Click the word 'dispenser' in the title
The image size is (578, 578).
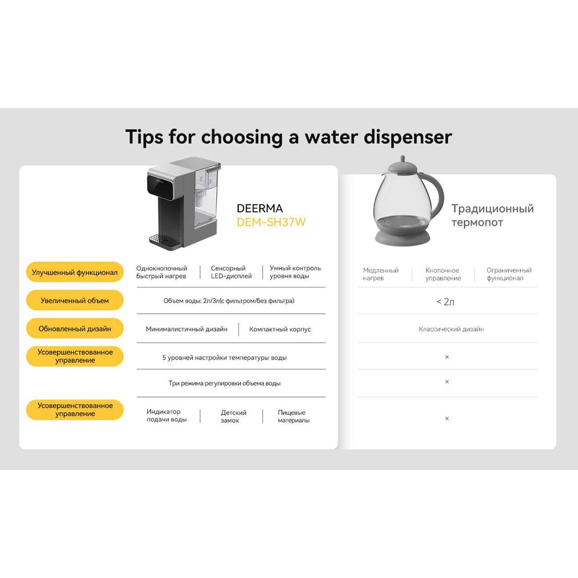(408, 137)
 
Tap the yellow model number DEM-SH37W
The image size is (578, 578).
(271, 222)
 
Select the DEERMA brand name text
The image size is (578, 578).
(260, 209)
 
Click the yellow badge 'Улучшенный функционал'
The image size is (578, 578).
(75, 273)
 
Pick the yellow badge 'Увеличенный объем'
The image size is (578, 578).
(75, 300)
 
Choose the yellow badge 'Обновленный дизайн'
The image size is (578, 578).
(75, 329)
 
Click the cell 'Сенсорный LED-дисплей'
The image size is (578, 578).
(231, 272)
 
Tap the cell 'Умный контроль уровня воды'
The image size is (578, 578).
(295, 272)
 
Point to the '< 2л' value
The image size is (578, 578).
(445, 301)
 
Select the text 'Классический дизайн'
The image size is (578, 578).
(451, 329)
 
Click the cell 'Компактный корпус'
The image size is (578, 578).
(280, 329)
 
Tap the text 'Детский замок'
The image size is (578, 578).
(234, 416)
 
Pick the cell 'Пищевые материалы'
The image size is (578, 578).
(293, 416)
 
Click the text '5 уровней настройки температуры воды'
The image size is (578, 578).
(225, 357)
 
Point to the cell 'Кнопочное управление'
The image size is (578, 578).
(443, 274)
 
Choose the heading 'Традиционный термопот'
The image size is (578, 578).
(493, 215)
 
